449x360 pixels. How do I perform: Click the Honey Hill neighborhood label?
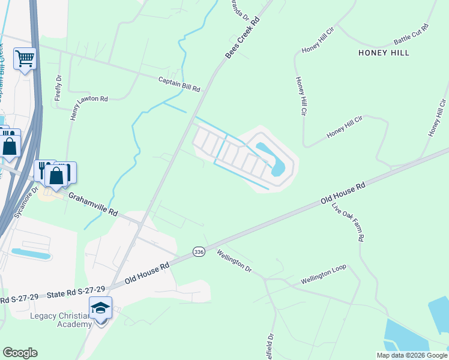click(384, 53)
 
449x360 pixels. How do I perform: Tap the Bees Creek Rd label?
click(243, 38)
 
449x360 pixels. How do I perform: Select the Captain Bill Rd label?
click(179, 84)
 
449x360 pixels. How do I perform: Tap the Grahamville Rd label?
click(92, 205)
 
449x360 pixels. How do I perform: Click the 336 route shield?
click(199, 253)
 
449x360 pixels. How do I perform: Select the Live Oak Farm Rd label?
click(348, 222)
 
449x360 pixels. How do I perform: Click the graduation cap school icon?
click(101, 308)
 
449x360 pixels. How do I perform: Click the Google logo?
click(20, 353)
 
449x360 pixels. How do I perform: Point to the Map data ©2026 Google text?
click(412, 355)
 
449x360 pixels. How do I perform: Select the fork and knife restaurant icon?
click(44, 170)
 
